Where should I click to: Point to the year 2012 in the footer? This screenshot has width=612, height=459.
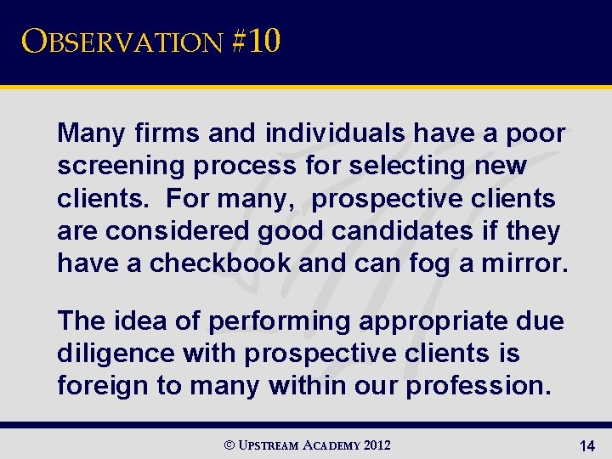[x=377, y=445]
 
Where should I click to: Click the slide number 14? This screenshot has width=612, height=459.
[x=586, y=445]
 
